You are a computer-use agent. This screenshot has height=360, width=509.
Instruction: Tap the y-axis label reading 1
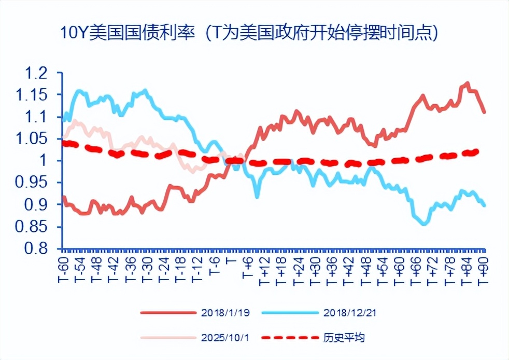click(x=51, y=161)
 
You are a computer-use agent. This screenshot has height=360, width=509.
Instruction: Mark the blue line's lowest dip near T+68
click(x=425, y=224)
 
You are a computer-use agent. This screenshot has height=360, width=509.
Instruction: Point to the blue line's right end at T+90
click(x=484, y=205)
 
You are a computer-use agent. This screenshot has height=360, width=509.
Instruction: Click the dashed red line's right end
click(x=477, y=151)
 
